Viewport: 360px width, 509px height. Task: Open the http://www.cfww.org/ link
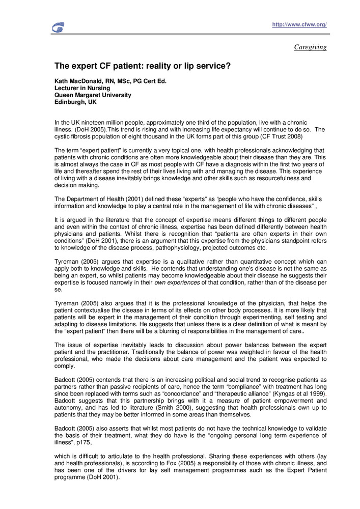[x=299, y=24]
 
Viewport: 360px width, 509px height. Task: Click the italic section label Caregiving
[x=310, y=47]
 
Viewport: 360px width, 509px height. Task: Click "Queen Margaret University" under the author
[x=93, y=95]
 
